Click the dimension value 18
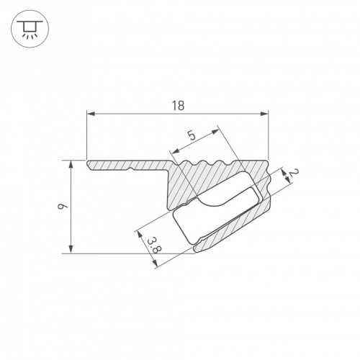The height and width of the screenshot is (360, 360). coord(178,105)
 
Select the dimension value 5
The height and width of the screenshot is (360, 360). coord(192,135)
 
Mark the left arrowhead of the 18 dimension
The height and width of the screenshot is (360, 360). coord(89,113)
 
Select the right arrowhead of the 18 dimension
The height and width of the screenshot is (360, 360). coord(265,113)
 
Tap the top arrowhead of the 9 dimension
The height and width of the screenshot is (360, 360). coord(71,163)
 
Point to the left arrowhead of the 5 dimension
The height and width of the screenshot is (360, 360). coord(172,152)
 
